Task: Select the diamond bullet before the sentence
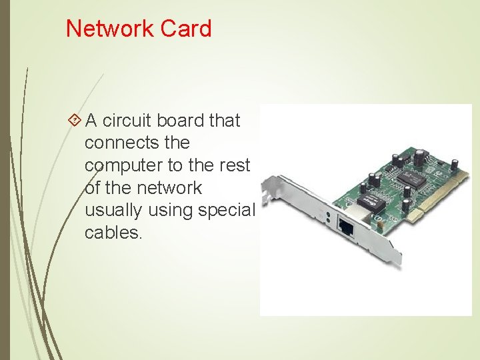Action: (x=75, y=121)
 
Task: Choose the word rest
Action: (x=235, y=165)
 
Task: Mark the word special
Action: (x=227, y=210)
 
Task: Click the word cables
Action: (x=113, y=233)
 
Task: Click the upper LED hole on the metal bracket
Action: (x=328, y=215)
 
